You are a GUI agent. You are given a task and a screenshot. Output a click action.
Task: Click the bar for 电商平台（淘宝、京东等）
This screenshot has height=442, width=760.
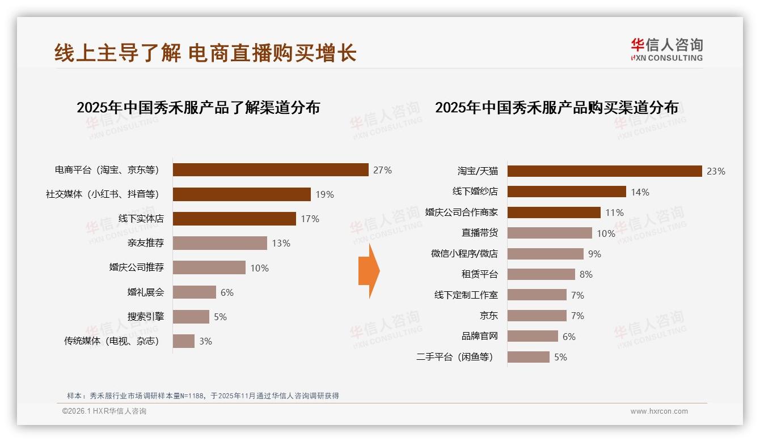click(271, 170)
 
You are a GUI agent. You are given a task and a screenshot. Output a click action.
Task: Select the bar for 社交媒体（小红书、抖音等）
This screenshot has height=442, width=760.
click(242, 194)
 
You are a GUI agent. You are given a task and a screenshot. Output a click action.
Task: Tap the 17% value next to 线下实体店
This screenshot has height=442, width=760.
click(310, 219)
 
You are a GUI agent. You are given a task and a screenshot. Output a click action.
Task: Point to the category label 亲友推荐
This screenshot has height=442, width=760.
click(146, 243)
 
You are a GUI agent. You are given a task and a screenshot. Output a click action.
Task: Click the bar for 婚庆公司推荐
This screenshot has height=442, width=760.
click(209, 267)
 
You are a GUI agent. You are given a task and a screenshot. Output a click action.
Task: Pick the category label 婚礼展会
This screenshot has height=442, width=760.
click(146, 292)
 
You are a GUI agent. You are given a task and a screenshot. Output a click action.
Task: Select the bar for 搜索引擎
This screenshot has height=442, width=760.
click(191, 317)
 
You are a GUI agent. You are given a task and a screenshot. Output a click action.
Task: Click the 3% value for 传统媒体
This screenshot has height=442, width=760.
click(205, 341)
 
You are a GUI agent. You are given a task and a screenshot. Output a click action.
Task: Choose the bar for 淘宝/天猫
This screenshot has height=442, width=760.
click(605, 171)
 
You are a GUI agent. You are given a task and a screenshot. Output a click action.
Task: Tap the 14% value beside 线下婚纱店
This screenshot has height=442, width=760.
click(640, 192)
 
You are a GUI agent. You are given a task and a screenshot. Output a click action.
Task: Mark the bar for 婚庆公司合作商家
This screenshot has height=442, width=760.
click(554, 212)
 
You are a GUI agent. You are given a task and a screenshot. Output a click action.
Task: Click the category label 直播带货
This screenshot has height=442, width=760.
click(480, 233)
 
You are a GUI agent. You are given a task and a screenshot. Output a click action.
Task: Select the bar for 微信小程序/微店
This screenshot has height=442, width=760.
click(545, 254)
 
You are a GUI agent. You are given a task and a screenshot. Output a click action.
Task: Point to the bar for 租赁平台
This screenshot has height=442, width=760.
click(541, 274)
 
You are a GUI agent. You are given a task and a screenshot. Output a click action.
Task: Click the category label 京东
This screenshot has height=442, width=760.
click(489, 316)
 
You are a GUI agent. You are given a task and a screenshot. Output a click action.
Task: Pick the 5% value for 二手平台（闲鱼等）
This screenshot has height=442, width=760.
click(560, 357)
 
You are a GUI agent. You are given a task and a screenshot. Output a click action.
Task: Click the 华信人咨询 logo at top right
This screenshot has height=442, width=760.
click(666, 49)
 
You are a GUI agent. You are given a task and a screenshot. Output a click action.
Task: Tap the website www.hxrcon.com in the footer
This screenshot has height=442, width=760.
click(659, 411)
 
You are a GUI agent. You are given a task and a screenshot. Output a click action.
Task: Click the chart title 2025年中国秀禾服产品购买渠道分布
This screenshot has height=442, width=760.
click(556, 107)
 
